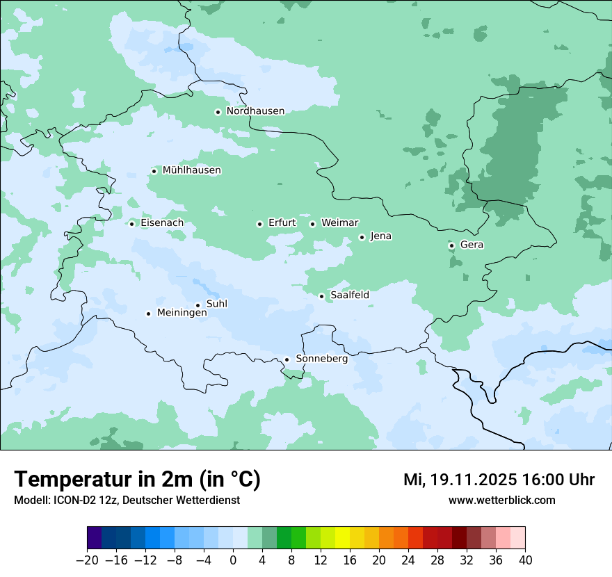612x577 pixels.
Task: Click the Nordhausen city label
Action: coord(255,111)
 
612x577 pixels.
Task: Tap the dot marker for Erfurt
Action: coord(259,224)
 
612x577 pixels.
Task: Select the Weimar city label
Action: coord(339,223)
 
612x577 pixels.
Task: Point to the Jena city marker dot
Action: coord(362,237)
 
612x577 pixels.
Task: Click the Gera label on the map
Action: coord(472,245)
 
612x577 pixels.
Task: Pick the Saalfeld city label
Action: coord(349,295)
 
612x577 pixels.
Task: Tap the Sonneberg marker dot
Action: coord(287,359)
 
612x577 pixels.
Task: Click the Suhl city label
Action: coord(216,304)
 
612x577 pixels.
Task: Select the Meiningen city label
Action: coord(182,313)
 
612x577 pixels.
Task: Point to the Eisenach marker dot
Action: coord(131,223)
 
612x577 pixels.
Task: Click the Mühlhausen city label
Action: coord(191,170)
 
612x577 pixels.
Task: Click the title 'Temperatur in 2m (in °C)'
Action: coord(137,480)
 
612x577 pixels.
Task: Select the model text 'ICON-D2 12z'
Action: coord(84,501)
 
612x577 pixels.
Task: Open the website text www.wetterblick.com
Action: coord(501,501)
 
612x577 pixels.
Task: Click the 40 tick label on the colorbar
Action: coord(525,560)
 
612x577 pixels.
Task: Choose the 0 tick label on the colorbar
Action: coord(233,560)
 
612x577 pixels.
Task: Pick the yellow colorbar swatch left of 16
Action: coord(342,538)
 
